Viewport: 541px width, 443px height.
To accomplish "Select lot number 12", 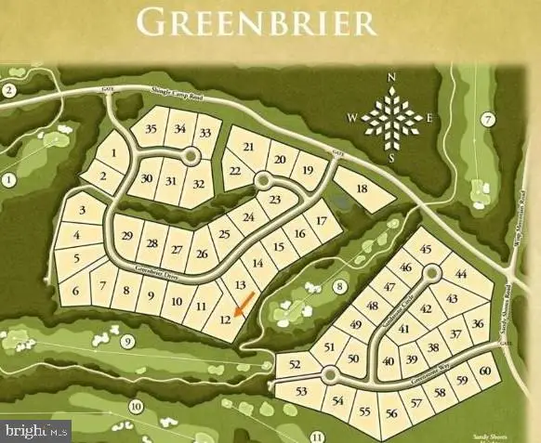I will pyautogui.click(x=224, y=319).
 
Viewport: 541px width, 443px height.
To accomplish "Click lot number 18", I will pyautogui.click(x=363, y=189).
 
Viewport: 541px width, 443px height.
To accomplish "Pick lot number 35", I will pyautogui.click(x=152, y=130).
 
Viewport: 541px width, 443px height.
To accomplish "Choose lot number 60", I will pyautogui.click(x=484, y=372).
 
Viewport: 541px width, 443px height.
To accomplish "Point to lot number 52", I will pyautogui.click(x=296, y=365).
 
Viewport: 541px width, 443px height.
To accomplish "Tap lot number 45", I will pyautogui.click(x=427, y=249).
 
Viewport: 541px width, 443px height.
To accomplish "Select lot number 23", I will pyautogui.click(x=274, y=200).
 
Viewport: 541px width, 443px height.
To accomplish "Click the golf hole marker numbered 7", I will pyautogui.click(x=486, y=119).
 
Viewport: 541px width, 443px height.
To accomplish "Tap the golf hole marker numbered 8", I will pyautogui.click(x=340, y=286).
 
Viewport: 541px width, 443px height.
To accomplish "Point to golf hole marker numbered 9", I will pyautogui.click(x=128, y=342).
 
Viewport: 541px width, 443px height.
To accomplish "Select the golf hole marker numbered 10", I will pyautogui.click(x=136, y=406).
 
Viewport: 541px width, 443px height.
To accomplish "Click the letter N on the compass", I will pyautogui.click(x=391, y=77).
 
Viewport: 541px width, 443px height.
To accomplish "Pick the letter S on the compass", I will pyautogui.click(x=391, y=157).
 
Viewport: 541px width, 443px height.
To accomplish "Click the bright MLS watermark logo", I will pyautogui.click(x=36, y=430).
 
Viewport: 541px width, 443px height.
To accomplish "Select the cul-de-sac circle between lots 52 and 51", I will pyautogui.click(x=328, y=375).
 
